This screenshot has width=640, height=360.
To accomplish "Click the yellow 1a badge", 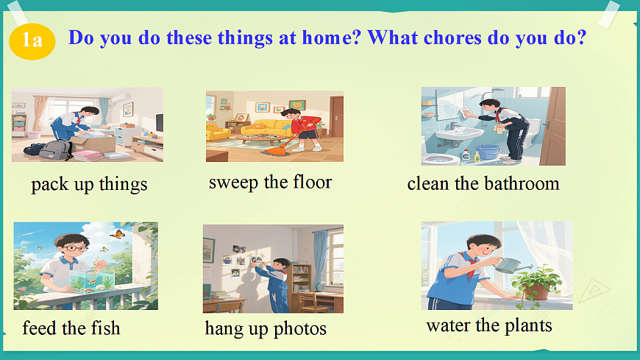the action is coord(32,41).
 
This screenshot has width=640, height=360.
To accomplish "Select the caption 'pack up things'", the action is coord(89,184).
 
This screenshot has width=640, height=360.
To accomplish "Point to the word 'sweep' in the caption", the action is coord(233,183).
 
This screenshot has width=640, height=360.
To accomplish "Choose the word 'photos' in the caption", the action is coord(300,329).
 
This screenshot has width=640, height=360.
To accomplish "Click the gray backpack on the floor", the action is coord(55,149).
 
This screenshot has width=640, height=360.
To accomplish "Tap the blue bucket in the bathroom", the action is coord(488,152).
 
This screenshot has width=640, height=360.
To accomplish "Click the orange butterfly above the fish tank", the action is coord(117,234).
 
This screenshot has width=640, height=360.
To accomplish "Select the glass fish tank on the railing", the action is coord(92,280).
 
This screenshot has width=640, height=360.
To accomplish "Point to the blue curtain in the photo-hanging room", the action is coord(321,257).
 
